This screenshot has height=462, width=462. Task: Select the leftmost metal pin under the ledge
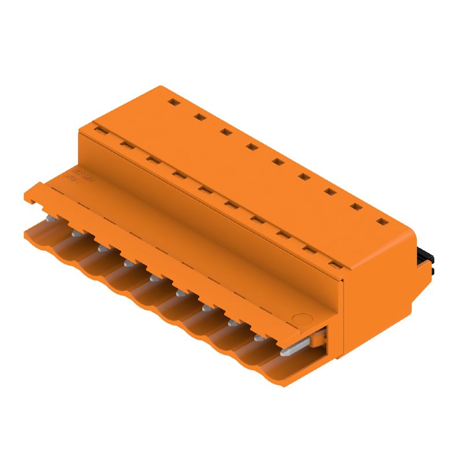[x=50, y=218]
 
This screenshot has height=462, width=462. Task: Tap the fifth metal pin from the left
[x=154, y=278]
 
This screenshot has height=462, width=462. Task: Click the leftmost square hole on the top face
[x=173, y=103]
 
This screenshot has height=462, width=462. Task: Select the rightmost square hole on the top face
[x=381, y=221]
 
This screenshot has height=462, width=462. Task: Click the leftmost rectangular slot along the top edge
[x=100, y=132]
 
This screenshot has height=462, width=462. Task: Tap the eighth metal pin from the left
[x=232, y=323]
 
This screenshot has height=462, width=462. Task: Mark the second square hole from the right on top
[x=355, y=206]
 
